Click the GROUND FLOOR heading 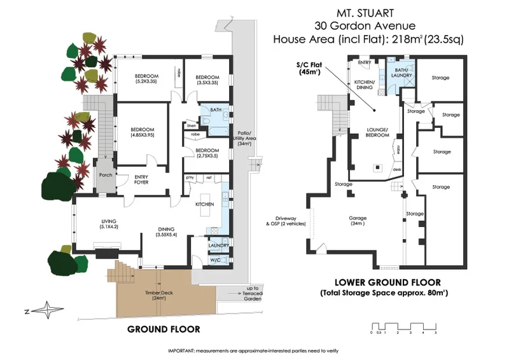click(164, 329)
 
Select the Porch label click(104, 176)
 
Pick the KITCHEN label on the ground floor click(204, 204)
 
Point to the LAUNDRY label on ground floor click(218, 244)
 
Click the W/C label click(215, 260)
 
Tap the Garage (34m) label click(358, 221)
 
